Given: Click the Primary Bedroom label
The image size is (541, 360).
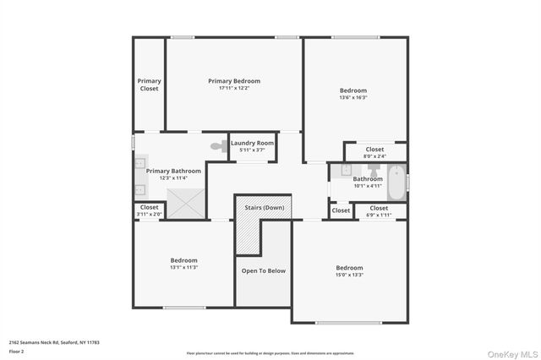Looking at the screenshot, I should coord(234,81).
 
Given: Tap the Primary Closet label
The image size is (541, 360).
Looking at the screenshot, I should coord(150,85).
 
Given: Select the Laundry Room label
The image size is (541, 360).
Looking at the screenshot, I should coord(252,144).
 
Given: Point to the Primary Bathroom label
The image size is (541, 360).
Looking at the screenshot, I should coord(173,171).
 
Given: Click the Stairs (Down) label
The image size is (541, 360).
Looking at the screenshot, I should coord(265,207).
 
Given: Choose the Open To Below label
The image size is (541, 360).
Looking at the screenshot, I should coord(264,270).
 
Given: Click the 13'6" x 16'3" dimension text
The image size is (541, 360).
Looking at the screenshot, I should coord(353,97).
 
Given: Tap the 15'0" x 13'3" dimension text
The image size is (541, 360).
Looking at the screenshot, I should coord(349,275).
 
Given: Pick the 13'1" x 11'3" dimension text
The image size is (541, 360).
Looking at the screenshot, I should coord(183,267).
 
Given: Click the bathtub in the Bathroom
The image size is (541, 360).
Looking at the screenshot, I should coord(395,179).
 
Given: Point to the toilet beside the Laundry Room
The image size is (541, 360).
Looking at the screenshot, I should coord(217,146).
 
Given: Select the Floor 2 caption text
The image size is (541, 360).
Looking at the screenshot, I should coord(16,351).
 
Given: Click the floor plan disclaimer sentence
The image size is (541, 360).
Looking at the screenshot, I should coord(270,352).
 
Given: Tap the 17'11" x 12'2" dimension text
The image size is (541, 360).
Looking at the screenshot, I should coord(234,88).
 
